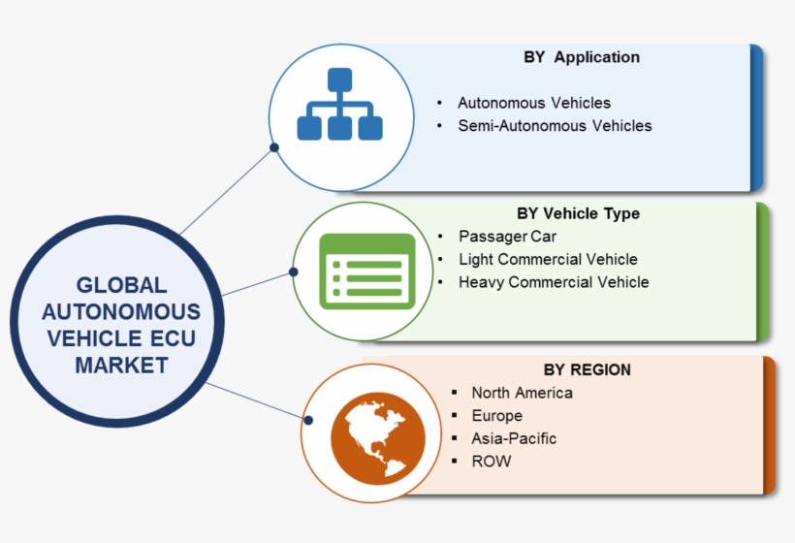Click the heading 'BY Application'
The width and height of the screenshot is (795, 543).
[x=582, y=57]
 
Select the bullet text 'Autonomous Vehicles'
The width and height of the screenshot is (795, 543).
[x=534, y=102]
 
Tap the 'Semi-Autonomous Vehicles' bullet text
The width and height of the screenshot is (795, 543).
[x=555, y=125]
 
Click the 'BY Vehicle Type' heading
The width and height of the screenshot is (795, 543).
[x=579, y=213]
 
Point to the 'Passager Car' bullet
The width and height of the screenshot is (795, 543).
[x=508, y=236]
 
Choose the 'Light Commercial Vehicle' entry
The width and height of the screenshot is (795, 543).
[x=548, y=259]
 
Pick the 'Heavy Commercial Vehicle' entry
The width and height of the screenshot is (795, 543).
[x=554, y=282]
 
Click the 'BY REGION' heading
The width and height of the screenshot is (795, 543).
[x=587, y=369]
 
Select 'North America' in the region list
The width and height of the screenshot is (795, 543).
[x=522, y=393]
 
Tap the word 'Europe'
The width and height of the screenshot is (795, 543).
[x=496, y=416]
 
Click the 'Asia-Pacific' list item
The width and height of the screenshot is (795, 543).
[x=514, y=438]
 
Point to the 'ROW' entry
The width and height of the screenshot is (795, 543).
[x=491, y=462]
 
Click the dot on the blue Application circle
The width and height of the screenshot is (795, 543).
[x=274, y=148]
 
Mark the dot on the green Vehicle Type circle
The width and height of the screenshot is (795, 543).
[x=295, y=272]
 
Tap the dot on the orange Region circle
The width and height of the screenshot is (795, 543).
[x=308, y=420]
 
